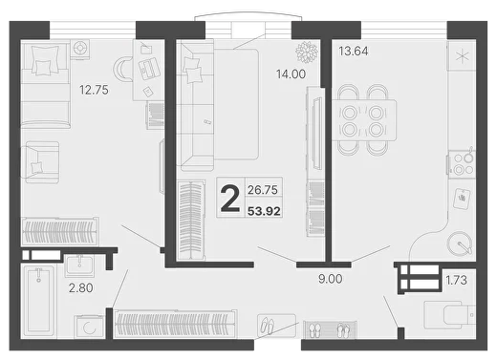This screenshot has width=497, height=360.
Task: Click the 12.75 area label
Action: pyautogui.click(x=94, y=90)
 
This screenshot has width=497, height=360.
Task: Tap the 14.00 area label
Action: pyautogui.click(x=291, y=74)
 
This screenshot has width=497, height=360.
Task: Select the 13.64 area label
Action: pyautogui.click(x=354, y=51)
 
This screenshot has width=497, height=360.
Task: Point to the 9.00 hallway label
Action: pyautogui.click(x=331, y=279)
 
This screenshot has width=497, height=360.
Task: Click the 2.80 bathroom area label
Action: pyautogui.click(x=81, y=287)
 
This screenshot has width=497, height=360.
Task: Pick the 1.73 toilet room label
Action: pyautogui.click(x=456, y=280)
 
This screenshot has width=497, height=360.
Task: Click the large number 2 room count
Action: pyautogui.click(x=230, y=199)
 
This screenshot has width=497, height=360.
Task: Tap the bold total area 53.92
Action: pyautogui.click(x=264, y=211)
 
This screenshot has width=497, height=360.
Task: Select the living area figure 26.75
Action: pyautogui.click(x=263, y=190)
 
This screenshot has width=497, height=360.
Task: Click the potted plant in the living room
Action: pyautogui.click(x=307, y=52)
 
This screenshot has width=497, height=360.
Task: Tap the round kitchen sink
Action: pyautogui.click(x=459, y=244)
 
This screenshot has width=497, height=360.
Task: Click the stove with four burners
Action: pyautogui.click(x=462, y=164)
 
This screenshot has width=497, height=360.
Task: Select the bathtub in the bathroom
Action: pyautogui.click(x=39, y=301)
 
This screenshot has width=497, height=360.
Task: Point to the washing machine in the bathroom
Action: pyautogui.click(x=89, y=327)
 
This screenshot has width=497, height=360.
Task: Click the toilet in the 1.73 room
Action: pyautogui.click(x=450, y=315)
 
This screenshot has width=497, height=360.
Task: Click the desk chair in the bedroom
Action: pyautogui.click(x=123, y=69)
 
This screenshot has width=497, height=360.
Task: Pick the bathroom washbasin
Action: pyautogui.click(x=79, y=266)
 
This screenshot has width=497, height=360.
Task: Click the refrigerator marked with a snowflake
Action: pyautogui.click(x=462, y=56)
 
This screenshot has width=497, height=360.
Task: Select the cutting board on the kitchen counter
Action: pyautogui.click(x=463, y=199)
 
